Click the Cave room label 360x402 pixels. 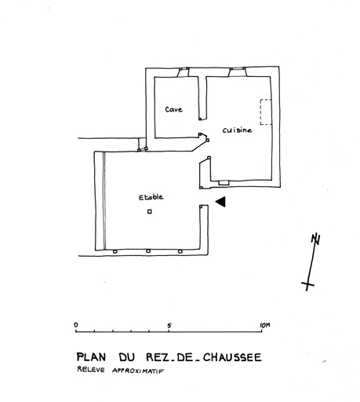tap(173, 109)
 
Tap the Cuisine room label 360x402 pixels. tap(237, 130)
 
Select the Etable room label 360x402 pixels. tap(151, 197)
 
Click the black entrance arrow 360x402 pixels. tap(220, 202)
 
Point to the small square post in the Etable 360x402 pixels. tap(150, 211)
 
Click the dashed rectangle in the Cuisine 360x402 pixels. tap(266, 112)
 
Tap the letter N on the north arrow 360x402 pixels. tap(316, 239)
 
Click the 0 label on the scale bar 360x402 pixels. tap(76, 325)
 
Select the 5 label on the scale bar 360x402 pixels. tap(169, 326)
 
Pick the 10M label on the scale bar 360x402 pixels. tap(265, 325)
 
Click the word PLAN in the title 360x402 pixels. tap(91, 357)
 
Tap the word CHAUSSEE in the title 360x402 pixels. tap(232, 357)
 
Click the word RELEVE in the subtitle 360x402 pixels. tap(87, 369)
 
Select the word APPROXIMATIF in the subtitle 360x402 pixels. tap(138, 371)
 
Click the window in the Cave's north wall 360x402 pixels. tap(184, 72)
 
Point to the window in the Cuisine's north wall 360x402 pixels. tap(238, 72)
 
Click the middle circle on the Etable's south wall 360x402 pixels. tap(148, 251)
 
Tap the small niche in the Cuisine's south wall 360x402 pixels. tap(224, 183)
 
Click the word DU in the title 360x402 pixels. tap(127, 357)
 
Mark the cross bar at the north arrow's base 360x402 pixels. tap(307, 284)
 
